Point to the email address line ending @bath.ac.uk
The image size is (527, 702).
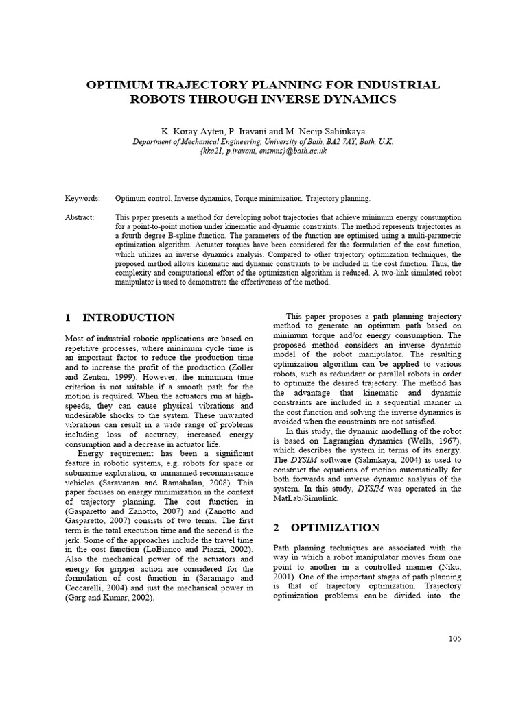coord(263,151)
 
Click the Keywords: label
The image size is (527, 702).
coord(82,198)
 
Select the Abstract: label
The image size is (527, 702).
coord(80,216)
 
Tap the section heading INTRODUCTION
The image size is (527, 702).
coord(128,317)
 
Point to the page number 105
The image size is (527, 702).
coord(454,638)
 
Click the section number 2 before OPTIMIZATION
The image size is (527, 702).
coord(276,527)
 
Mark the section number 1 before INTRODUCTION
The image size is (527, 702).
coord(68,317)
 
